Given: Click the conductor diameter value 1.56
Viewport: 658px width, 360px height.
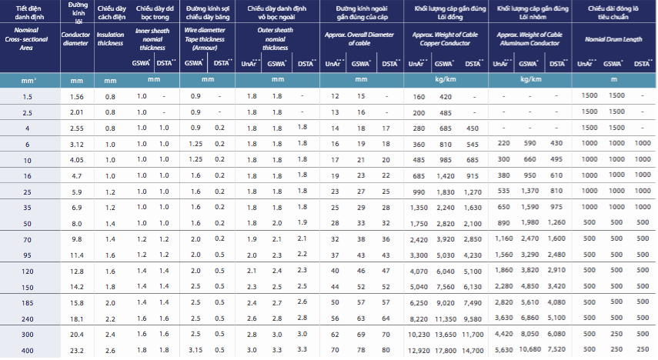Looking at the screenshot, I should click(x=76, y=96).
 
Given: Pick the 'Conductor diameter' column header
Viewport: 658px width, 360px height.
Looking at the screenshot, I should click(x=75, y=38).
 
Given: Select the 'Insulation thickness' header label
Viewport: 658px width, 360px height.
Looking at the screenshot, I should click(x=111, y=38).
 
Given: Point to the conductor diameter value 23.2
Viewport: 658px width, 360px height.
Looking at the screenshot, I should click(x=76, y=350).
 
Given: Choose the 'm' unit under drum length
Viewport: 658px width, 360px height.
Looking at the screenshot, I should click(x=613, y=78).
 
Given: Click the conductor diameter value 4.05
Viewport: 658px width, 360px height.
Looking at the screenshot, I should click(x=76, y=159).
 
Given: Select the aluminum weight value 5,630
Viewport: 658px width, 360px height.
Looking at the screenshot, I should click(x=501, y=350).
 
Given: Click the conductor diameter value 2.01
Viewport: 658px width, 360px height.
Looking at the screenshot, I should click(x=76, y=112).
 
